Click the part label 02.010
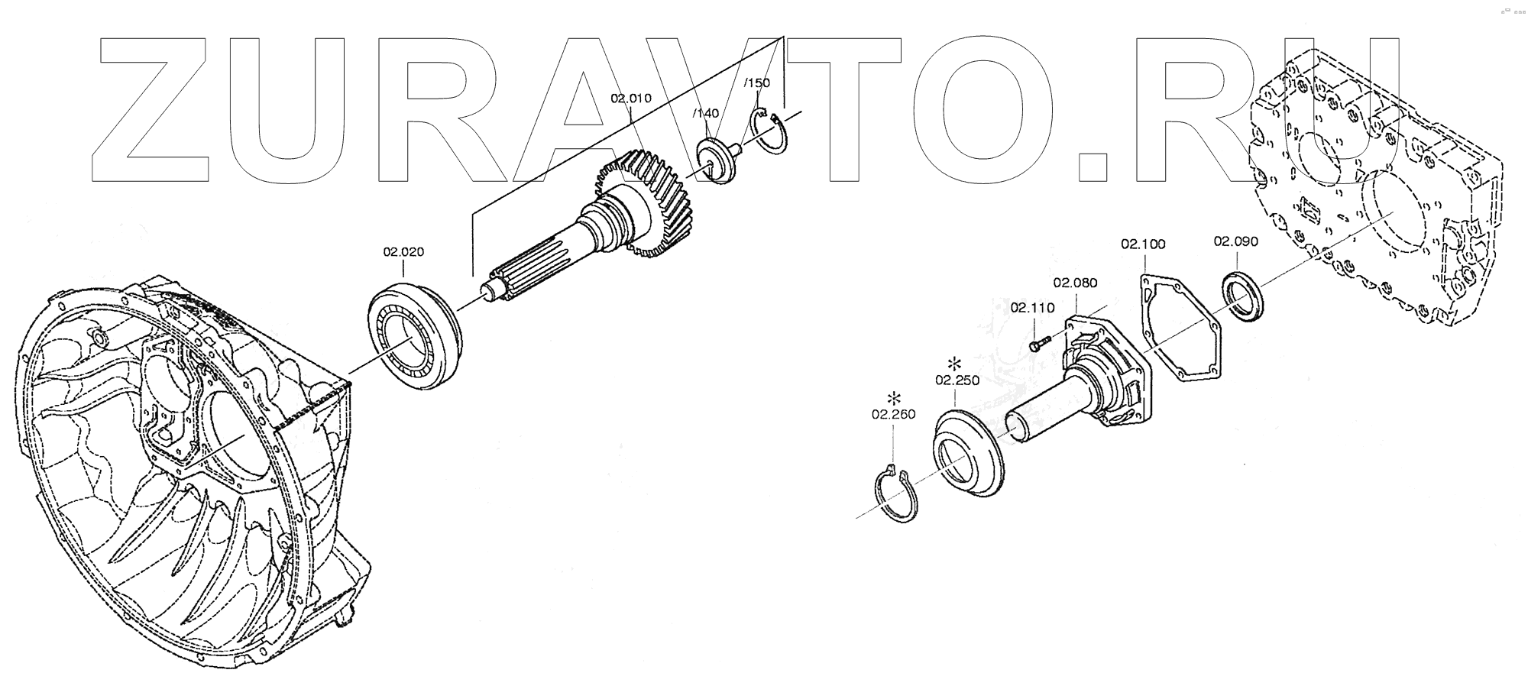630,99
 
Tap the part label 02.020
403,252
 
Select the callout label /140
705,114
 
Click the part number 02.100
1143,244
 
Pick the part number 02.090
1235,241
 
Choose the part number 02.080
1075,283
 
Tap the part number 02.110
1032,308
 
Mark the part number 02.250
956,380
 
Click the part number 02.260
893,415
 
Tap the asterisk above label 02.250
954,363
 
